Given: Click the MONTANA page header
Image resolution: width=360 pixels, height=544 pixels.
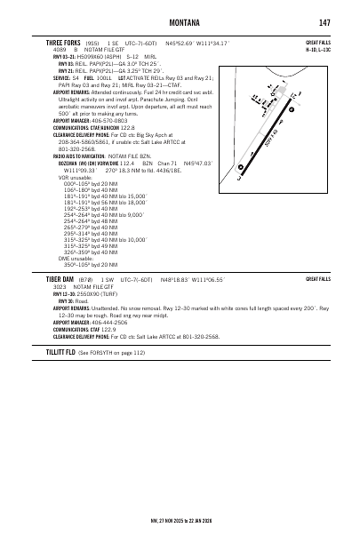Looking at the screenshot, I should pyautogui.click(x=180, y=22).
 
